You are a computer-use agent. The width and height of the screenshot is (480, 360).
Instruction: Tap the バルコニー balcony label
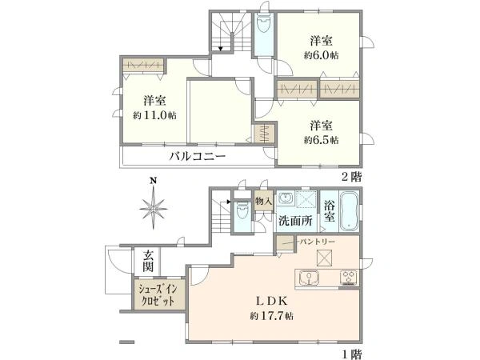coord(197,157)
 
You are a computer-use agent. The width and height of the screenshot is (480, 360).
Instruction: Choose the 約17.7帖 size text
coord(270,316)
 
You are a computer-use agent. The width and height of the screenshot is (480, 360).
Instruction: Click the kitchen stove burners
coord(348,278)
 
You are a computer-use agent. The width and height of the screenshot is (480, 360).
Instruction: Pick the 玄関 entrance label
coord(148,260)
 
